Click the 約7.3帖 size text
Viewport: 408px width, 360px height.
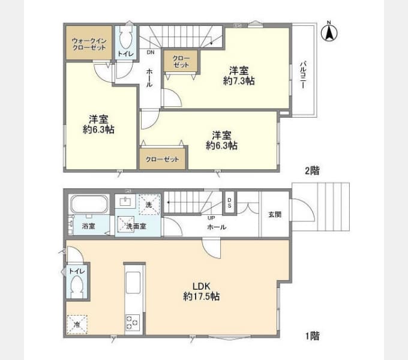pos(238,80)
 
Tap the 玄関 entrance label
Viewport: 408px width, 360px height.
pos(275,214)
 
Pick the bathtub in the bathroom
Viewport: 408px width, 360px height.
pos(88,205)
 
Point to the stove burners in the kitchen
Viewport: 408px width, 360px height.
pos(133,322)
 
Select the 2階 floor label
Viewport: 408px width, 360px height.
pos(311,170)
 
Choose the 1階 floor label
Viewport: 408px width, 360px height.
pos(311,337)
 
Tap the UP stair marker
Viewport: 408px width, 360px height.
pos(211,218)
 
